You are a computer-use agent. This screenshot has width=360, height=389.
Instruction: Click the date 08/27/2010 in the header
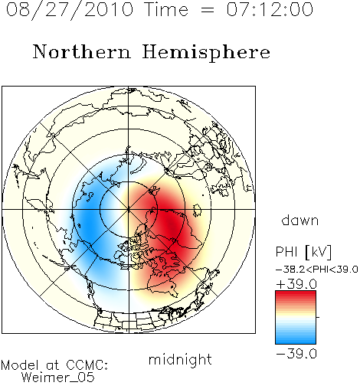(70, 10)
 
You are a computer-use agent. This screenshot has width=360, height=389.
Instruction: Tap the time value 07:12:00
(270, 9)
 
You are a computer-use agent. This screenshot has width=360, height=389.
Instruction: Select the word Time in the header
(166, 9)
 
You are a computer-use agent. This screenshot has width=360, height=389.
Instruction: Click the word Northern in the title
(82, 51)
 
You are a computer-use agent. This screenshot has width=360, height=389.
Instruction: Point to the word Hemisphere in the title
(206, 53)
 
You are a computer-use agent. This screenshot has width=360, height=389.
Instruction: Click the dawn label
(300, 220)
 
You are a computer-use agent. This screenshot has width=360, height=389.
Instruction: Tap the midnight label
(180, 359)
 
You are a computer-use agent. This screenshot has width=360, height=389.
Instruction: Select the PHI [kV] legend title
(303, 252)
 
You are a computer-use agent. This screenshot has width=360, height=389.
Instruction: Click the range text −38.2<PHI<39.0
(317, 270)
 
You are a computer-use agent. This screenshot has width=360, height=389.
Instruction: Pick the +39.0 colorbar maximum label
(296, 284)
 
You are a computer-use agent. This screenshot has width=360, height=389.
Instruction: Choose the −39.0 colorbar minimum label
(296, 354)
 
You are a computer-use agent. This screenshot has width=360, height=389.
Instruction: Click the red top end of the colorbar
(296, 293)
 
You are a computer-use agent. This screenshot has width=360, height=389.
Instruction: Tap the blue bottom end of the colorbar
(296, 342)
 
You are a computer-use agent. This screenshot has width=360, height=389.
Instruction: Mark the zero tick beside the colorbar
(318, 317)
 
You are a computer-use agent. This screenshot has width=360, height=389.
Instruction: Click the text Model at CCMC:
(54, 365)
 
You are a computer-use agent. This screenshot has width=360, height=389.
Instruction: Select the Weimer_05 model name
(58, 378)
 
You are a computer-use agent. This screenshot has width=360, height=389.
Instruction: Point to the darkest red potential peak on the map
(172, 224)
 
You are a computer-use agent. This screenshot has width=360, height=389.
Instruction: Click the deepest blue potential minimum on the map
(88, 224)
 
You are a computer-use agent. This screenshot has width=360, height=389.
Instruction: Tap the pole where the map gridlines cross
(129, 210)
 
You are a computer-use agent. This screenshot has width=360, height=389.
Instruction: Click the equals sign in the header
(208, 11)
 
